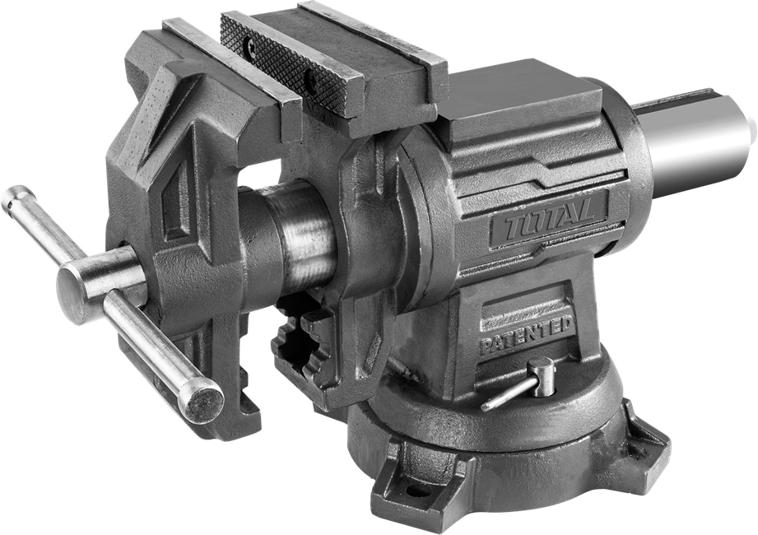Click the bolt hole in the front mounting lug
point(418,491)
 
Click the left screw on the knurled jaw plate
point(252,46)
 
